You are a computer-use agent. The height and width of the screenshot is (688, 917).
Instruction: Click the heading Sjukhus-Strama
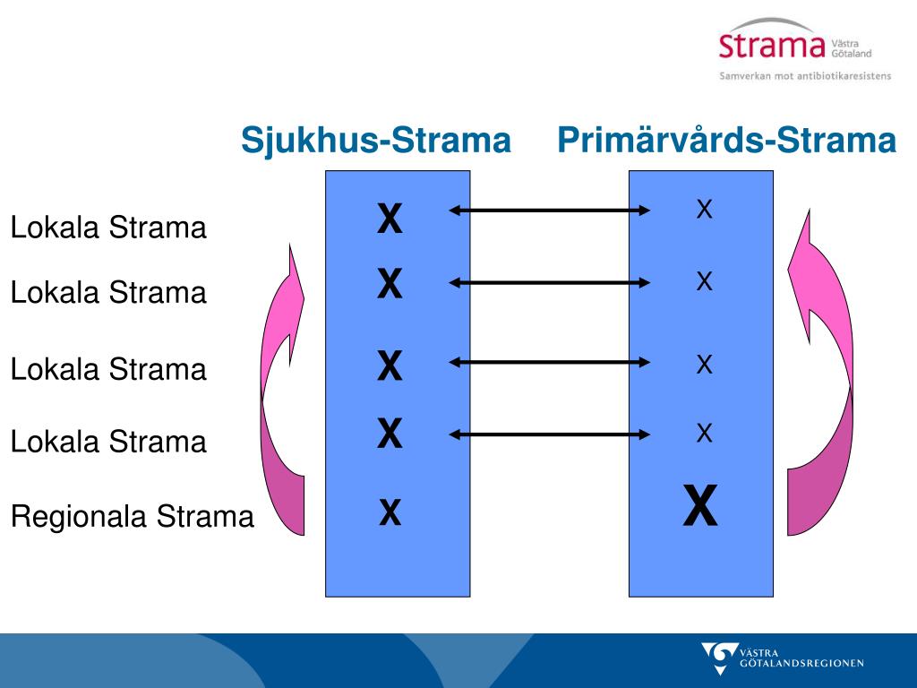point(376,141)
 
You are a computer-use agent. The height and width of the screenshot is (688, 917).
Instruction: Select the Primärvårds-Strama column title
point(726,141)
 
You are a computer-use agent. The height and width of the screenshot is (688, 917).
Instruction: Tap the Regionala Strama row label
point(133,517)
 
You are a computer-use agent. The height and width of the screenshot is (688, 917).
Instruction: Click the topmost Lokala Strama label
point(108,228)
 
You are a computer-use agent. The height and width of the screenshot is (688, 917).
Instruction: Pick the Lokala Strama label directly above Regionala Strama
point(108,442)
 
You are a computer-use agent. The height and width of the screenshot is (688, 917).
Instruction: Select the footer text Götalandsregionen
point(802,664)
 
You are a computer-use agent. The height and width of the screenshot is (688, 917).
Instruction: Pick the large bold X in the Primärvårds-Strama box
point(700,507)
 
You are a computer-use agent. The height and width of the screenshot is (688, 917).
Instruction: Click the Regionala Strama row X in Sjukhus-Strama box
point(390,513)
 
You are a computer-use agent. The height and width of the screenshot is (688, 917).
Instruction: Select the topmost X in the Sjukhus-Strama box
point(390,219)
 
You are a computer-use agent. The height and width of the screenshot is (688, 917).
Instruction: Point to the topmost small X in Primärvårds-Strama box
point(704,211)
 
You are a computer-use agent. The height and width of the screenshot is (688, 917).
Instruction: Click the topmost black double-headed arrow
point(550,211)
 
